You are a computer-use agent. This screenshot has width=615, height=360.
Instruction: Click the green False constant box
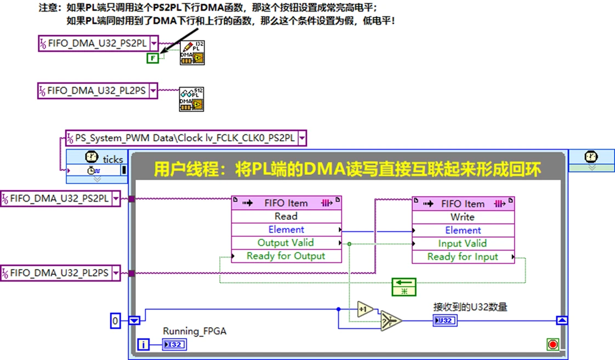tap(152, 58)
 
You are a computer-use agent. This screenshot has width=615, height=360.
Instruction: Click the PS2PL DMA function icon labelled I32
tap(192, 53)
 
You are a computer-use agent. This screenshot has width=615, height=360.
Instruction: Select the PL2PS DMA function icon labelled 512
tap(192, 99)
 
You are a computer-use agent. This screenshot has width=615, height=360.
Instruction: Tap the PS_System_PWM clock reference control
tap(185, 138)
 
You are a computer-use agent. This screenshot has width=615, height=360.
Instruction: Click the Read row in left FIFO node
tap(286, 216)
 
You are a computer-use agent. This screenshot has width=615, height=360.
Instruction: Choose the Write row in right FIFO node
tap(463, 217)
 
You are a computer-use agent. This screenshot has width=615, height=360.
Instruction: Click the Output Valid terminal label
tap(286, 243)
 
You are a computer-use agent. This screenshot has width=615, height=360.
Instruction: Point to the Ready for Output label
tap(286, 256)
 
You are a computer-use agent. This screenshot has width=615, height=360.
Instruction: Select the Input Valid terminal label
tap(462, 243)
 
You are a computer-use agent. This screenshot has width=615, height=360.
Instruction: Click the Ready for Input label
tap(463, 256)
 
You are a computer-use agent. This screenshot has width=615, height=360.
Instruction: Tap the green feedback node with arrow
tap(404, 287)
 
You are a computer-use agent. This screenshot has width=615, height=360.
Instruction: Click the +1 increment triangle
tap(365, 309)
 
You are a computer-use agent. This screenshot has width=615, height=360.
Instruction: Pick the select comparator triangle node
tap(391, 321)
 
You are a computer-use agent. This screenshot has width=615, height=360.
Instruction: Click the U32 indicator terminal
tap(445, 321)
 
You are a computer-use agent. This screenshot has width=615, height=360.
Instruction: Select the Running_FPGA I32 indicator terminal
tap(175, 344)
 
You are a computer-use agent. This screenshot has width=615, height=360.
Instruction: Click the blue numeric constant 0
tap(115, 321)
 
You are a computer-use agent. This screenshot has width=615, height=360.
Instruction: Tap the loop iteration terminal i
tap(144, 344)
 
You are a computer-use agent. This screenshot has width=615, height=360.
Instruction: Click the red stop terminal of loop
tap(553, 344)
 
